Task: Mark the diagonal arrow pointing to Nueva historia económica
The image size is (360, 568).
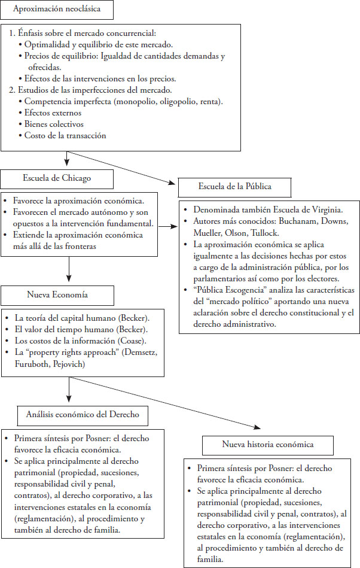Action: click(x=150, y=411)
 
